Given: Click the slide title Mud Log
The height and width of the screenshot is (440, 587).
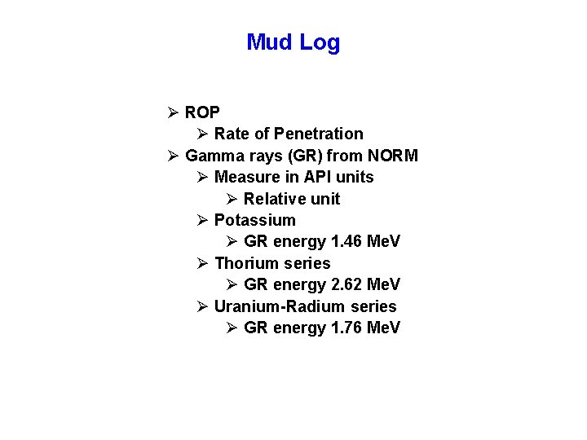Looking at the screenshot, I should point(293,42).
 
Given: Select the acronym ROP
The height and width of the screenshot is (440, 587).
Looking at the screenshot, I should point(202,112).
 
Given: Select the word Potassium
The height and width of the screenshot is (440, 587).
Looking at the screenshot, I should point(254,220).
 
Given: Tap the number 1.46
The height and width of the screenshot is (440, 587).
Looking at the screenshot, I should point(347,242).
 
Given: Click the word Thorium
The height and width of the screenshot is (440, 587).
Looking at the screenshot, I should point(244,263).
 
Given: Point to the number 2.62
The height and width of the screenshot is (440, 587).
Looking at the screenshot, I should point(347,284).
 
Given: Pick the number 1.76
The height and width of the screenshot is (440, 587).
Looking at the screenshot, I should point(347,328).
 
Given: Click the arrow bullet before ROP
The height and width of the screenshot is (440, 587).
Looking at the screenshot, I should point(173,112).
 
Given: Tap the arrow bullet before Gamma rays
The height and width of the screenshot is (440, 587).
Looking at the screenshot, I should point(173,156).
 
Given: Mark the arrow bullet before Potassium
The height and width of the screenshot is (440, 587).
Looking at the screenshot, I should point(202,220).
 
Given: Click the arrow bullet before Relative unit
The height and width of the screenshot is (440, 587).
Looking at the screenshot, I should point(232,199).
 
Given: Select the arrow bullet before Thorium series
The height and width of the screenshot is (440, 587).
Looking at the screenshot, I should point(202,263).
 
